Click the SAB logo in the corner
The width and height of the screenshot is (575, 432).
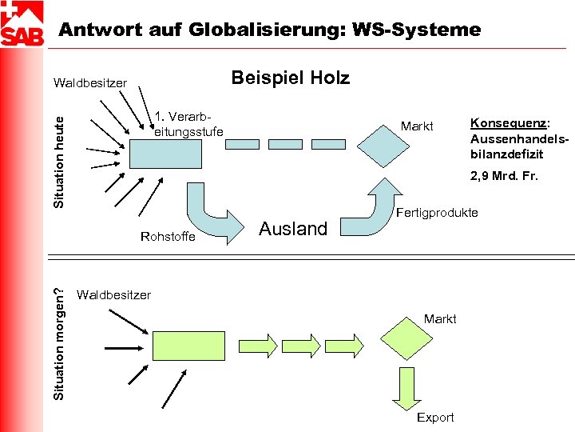pyautogui.click(x=22, y=24)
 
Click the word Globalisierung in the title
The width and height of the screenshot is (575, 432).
pyautogui.click(x=260, y=30)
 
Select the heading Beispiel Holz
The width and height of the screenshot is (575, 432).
pyautogui.click(x=290, y=78)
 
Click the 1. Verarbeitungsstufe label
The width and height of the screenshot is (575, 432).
pyautogui.click(x=188, y=123)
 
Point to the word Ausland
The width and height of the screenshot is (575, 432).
pyautogui.click(x=293, y=229)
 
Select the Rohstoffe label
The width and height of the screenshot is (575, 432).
pyautogui.click(x=167, y=236)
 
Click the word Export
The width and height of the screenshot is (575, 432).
pyautogui.click(x=435, y=417)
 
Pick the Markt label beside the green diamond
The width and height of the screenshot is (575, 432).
pyautogui.click(x=440, y=318)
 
